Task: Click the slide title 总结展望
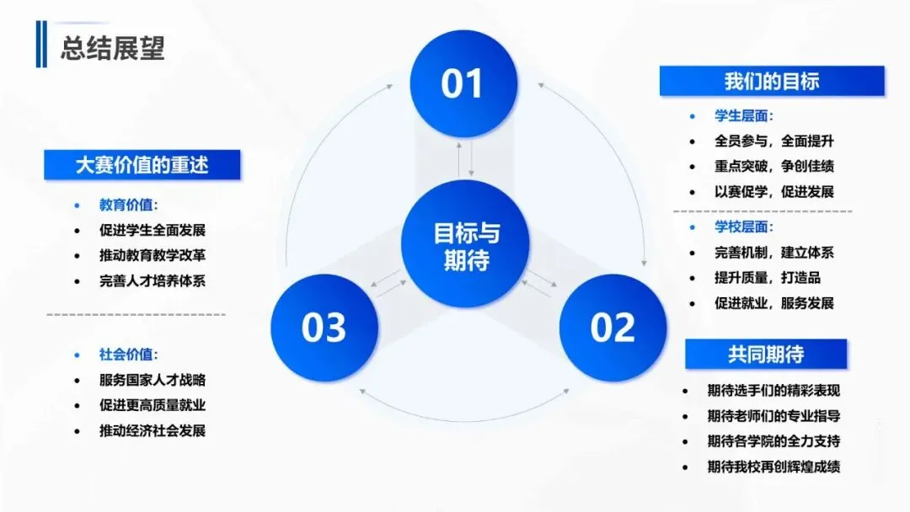112,47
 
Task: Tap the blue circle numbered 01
462,84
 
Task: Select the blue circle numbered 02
613,328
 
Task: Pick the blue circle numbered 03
324,328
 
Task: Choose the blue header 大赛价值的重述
142,165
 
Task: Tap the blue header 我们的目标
771,81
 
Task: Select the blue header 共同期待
765,354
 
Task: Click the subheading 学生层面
744,116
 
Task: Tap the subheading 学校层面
744,227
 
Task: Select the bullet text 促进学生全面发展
153,230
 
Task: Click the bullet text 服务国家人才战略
153,380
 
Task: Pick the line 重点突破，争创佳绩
774,167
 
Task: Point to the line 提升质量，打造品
768,277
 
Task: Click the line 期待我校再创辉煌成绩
773,466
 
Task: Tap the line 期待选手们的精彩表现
773,390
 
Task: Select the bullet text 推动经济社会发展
153,430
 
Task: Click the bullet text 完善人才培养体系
153,280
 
